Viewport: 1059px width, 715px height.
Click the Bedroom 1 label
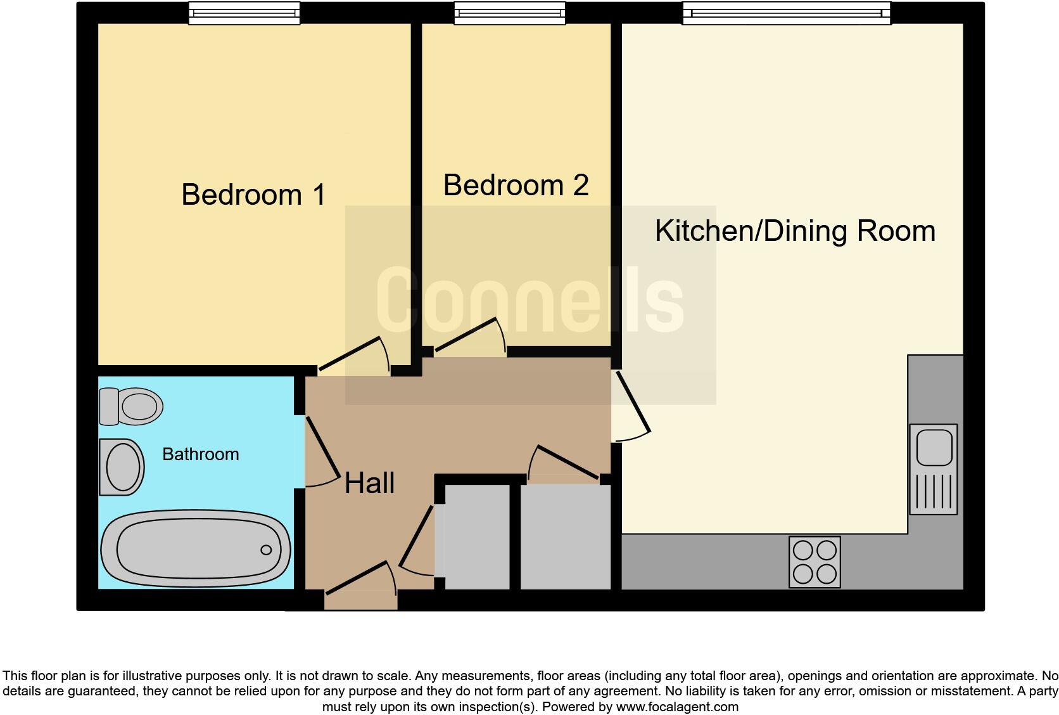click(253, 194)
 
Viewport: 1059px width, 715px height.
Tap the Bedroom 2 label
click(516, 185)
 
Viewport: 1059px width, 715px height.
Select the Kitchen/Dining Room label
click(795, 230)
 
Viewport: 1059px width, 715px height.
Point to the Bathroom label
click(200, 454)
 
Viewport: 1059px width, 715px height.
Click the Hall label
click(369, 483)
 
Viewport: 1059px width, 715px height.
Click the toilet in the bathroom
click(131, 406)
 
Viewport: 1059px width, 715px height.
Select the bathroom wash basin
click(122, 467)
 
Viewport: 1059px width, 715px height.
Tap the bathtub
click(196, 550)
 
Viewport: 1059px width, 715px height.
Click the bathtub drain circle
click(267, 550)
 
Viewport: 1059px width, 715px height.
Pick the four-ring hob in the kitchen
click(815, 562)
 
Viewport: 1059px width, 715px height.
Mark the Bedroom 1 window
click(244, 13)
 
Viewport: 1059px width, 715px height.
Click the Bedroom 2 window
click(509, 13)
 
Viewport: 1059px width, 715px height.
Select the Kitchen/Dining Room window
click(786, 13)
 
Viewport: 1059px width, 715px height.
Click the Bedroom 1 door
click(352, 355)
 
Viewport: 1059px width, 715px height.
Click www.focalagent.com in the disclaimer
click(677, 706)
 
